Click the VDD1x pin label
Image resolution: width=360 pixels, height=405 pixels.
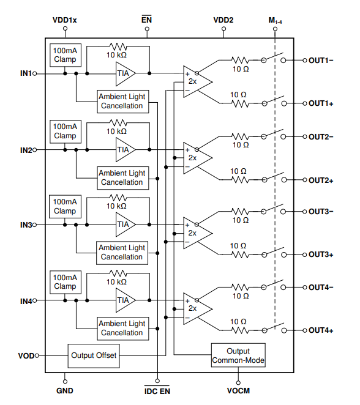pyautogui.click(x=65, y=20)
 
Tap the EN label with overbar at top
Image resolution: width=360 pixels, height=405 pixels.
pyautogui.click(x=146, y=20)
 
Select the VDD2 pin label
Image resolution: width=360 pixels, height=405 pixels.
pyautogui.click(x=223, y=20)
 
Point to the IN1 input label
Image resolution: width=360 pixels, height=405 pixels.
pyautogui.click(x=26, y=73)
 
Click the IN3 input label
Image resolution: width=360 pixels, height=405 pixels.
pyautogui.click(x=26, y=225)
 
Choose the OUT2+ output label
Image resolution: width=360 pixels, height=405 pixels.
pyautogui.click(x=321, y=180)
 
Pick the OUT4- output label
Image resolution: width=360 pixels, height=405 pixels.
pyautogui.click(x=321, y=287)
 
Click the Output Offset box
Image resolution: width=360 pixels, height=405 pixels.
pyautogui.click(x=94, y=355)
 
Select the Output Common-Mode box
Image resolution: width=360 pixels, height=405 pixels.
pyautogui.click(x=238, y=355)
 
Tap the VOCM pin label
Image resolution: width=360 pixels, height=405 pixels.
pyautogui.click(x=238, y=391)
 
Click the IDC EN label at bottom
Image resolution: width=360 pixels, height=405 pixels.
pyautogui.click(x=157, y=391)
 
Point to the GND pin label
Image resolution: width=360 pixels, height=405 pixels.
pyautogui.click(x=65, y=391)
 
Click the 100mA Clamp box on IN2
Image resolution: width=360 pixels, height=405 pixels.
pyautogui.click(x=66, y=132)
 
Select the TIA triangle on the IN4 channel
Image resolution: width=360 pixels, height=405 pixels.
pyautogui.click(x=125, y=300)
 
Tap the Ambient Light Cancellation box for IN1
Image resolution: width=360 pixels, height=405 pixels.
pyautogui.click(x=123, y=102)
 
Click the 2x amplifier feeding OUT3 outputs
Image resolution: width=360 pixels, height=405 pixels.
pyautogui.click(x=198, y=233)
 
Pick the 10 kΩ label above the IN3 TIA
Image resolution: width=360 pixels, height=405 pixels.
pyautogui.click(x=116, y=206)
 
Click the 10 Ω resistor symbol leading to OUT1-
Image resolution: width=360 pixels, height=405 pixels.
pyautogui.click(x=241, y=60)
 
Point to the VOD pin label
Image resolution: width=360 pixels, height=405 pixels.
pyautogui.click(x=26, y=356)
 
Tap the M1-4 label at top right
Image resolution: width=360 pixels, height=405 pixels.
pyautogui.click(x=276, y=20)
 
